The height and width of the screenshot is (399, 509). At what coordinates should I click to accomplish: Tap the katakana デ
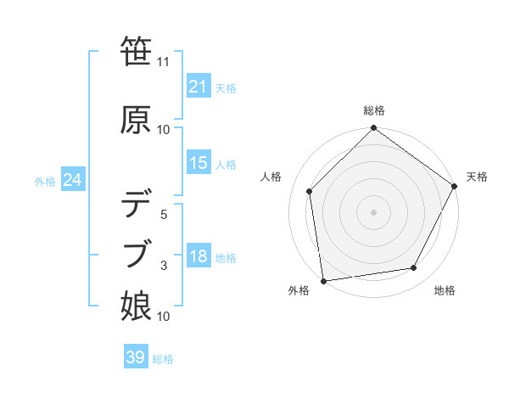[137, 204]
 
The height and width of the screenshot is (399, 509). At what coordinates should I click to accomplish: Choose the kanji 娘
[137, 305]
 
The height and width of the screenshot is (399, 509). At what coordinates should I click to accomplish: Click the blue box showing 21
[198, 87]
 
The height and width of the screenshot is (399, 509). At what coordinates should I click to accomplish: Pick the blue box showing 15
[198, 163]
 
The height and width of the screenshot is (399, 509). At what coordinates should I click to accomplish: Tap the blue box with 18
[198, 257]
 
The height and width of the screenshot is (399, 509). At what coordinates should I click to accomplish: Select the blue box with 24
[72, 180]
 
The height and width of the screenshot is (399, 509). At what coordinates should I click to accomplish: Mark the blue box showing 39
[135, 357]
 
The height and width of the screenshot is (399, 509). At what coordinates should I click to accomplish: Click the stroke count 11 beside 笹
[164, 62]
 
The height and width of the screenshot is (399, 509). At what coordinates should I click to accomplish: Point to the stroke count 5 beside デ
[164, 215]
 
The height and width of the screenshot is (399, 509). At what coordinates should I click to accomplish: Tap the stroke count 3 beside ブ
[164, 266]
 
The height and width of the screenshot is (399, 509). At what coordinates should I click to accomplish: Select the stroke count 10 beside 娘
[164, 317]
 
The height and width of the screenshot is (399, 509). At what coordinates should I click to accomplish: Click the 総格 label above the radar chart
[374, 110]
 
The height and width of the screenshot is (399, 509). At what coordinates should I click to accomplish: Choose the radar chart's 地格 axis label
[445, 291]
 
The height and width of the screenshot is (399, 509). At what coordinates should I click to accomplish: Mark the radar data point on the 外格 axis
[323, 280]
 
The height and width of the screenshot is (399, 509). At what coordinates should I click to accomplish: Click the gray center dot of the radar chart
[373, 211]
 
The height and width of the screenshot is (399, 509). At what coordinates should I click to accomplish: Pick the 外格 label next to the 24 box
[45, 181]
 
